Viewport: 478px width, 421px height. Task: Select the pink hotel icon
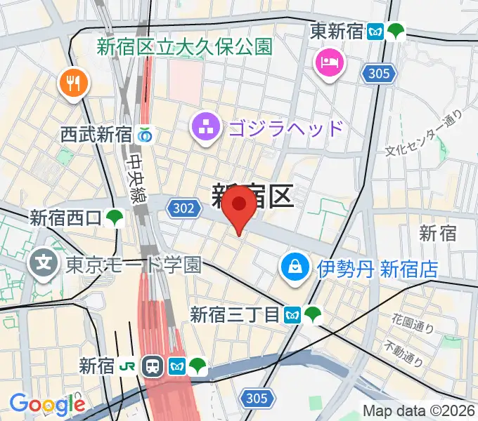click(329, 64)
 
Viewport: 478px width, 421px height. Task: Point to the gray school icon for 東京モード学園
click(44, 264)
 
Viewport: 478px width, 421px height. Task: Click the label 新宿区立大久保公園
click(184, 47)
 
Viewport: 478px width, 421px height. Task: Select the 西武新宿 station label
click(96, 134)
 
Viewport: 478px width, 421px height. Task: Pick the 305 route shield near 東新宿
click(377, 72)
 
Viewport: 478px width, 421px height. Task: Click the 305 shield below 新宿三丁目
click(257, 399)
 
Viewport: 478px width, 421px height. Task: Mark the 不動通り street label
click(403, 354)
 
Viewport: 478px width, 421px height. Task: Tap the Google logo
click(46, 404)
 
